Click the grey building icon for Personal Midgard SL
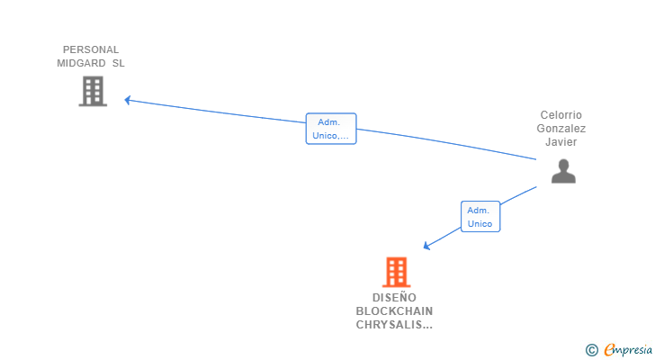(93, 91)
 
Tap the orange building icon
(396, 272)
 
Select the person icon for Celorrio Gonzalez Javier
(563, 171)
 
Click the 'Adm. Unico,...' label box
(331, 129)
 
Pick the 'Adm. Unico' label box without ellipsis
(480, 217)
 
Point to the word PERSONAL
(91, 49)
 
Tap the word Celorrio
(561, 115)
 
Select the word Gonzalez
(561, 129)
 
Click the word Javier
(561, 142)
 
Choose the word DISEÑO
(394, 297)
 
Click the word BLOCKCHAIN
(394, 311)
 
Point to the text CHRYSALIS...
(390, 325)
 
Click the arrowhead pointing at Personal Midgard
(128, 100)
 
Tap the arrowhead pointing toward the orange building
(427, 246)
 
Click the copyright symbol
(591, 350)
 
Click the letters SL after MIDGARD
(118, 63)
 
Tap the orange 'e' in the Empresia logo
(609, 350)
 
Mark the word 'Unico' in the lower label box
(480, 224)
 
